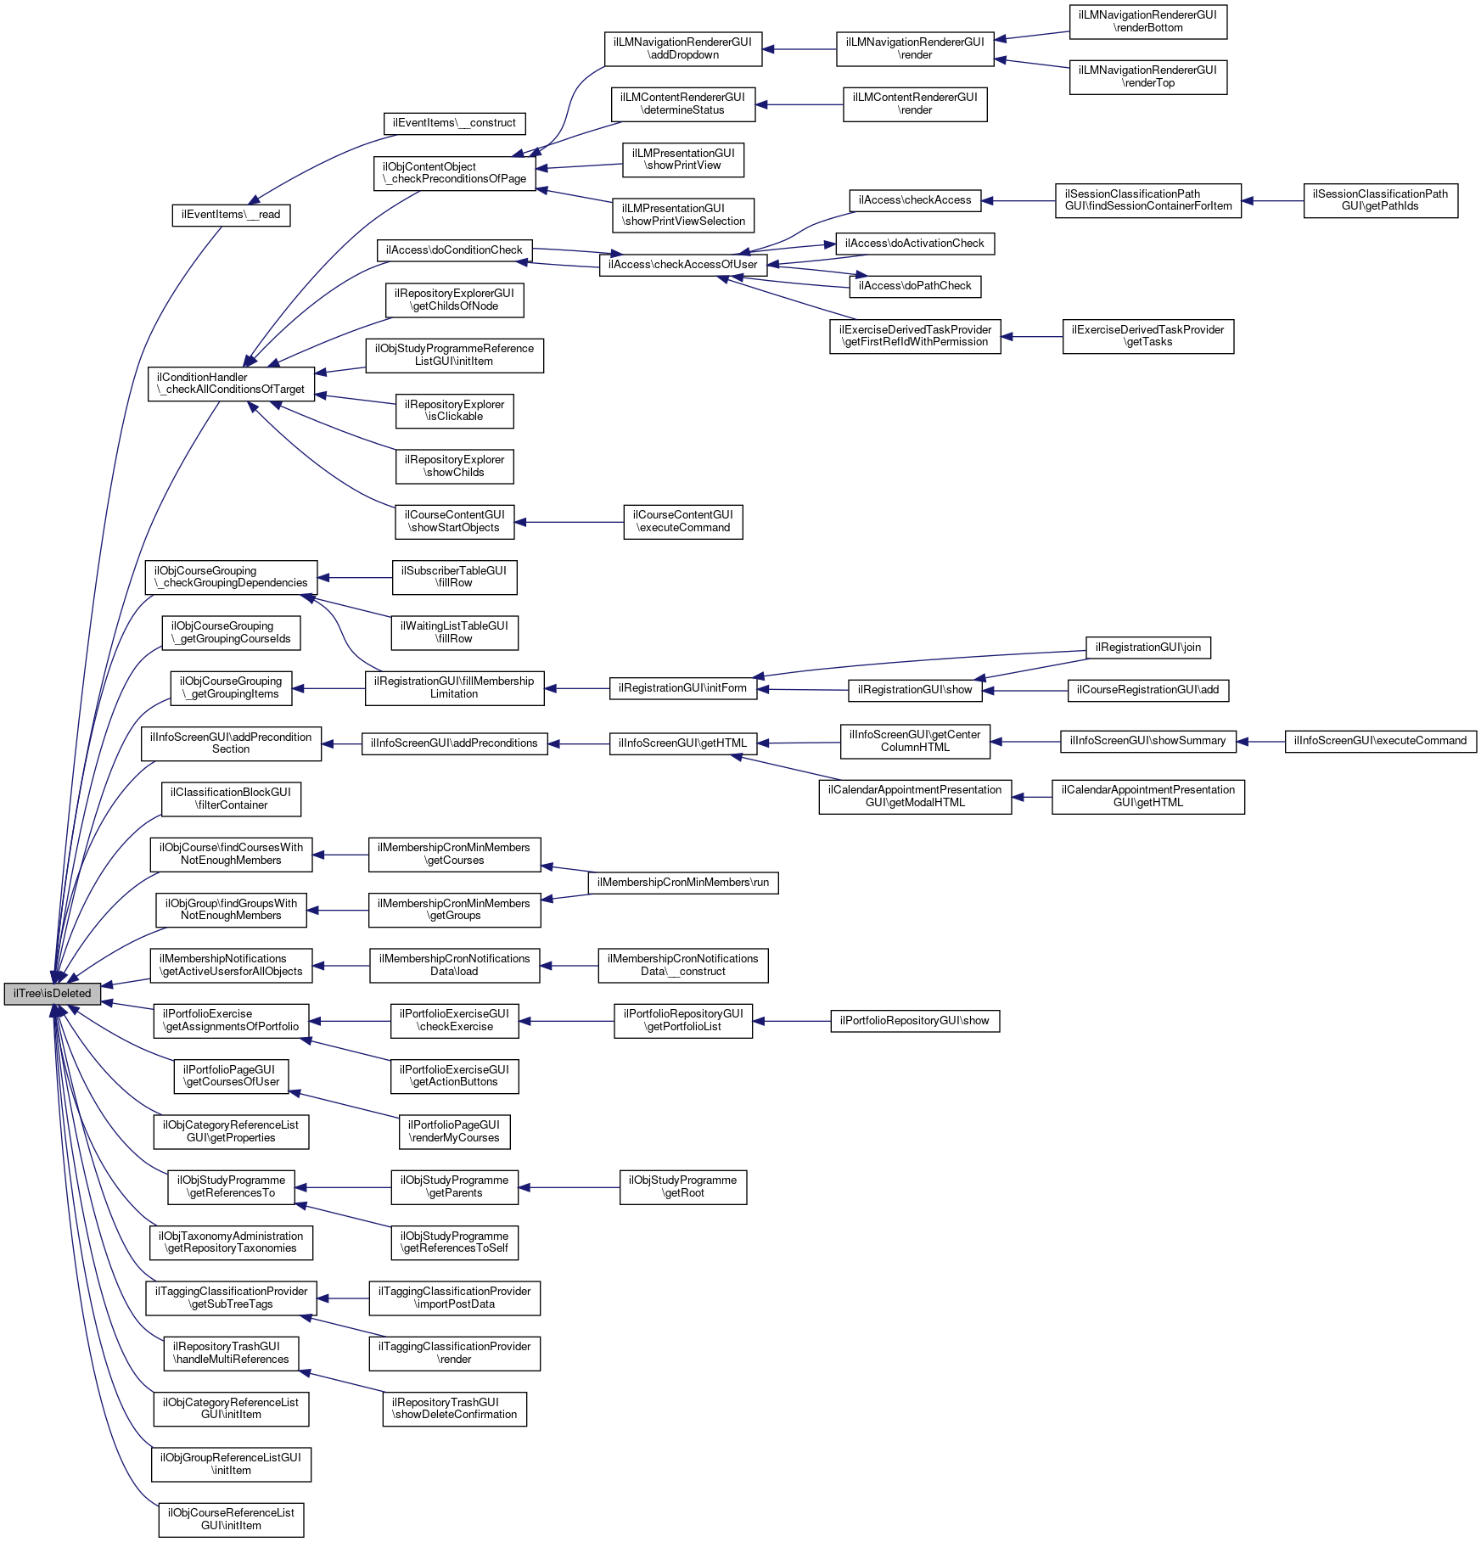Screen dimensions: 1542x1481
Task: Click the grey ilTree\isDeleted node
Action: click(x=52, y=993)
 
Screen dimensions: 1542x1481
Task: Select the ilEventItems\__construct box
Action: click(x=454, y=123)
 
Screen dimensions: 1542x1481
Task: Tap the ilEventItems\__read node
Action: click(x=231, y=215)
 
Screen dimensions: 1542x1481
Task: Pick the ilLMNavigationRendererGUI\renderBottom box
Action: click(x=1147, y=21)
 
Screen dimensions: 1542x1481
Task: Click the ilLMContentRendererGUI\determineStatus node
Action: click(x=682, y=104)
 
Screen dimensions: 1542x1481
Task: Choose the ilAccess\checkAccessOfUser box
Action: click(x=682, y=264)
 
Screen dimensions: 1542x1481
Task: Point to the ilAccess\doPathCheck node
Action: click(x=915, y=286)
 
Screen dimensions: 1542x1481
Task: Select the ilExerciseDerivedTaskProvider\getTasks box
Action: click(x=1147, y=336)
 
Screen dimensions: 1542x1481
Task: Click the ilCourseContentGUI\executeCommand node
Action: click(x=682, y=521)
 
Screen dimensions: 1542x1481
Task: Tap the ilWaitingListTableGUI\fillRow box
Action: click(x=454, y=632)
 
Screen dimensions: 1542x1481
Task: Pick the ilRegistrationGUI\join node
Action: click(x=1147, y=648)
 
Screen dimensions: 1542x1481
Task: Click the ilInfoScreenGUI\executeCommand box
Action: click(x=1380, y=741)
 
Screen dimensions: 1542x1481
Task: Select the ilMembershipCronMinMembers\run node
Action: click(x=682, y=883)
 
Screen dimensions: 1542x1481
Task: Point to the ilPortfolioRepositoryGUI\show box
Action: click(x=914, y=1021)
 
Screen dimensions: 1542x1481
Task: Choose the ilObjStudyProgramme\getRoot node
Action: click(x=682, y=1186)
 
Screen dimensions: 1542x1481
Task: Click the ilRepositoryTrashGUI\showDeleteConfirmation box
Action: click(x=454, y=1409)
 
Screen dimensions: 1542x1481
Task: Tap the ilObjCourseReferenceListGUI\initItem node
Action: click(x=231, y=1519)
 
